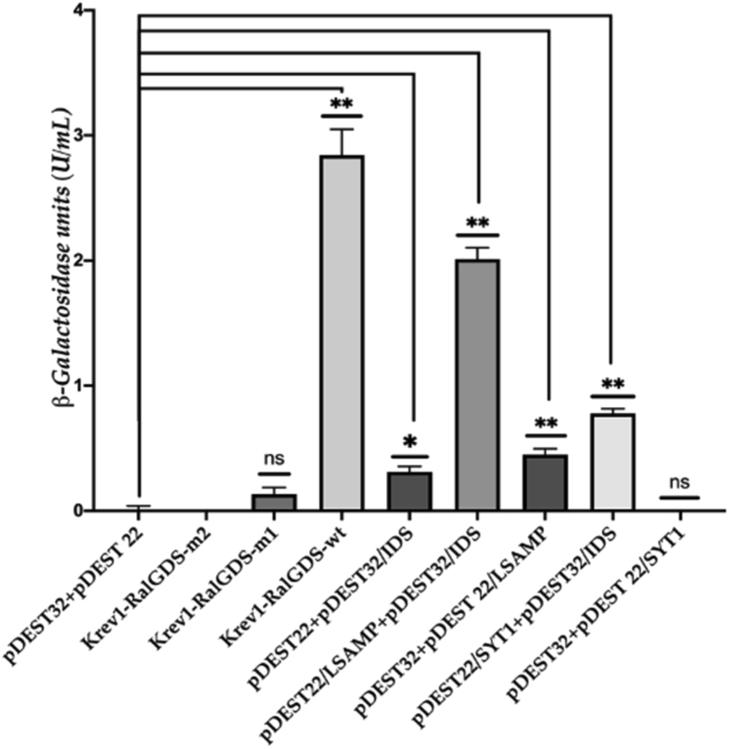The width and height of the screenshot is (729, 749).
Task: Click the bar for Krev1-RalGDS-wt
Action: click(x=343, y=332)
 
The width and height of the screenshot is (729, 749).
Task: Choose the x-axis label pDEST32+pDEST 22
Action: click(x=92, y=590)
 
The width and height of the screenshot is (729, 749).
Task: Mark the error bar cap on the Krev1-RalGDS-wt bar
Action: click(x=343, y=129)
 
